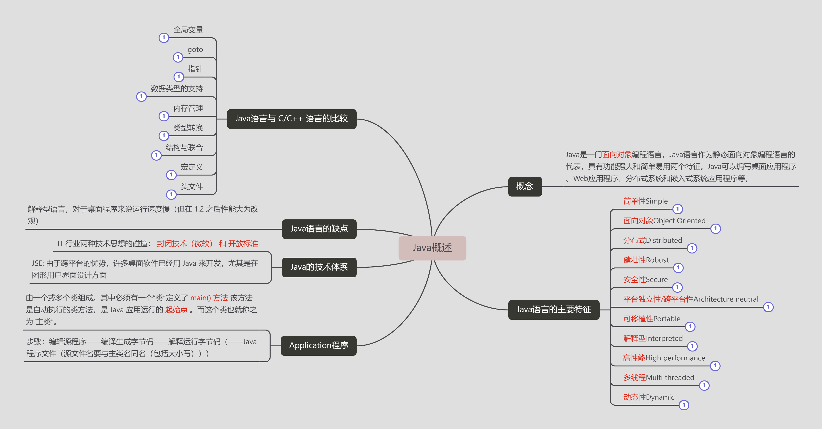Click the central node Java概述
pos(432,248)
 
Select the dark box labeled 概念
pos(525,186)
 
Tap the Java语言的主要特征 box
pos(553,309)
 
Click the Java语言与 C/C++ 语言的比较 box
pos(291,119)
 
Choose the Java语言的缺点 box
pos(319,229)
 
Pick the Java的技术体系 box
pos(319,267)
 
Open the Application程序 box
pos(318,345)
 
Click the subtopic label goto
pos(195,50)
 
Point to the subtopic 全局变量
pos(188,30)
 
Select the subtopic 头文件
pos(192,186)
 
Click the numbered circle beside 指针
pos(179,77)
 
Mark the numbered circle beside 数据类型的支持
pos(141,96)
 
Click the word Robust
pos(657,260)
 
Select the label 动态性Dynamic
pos(648,397)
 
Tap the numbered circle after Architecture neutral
pos(768,307)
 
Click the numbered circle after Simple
pos(677,209)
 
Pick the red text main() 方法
pos(209,298)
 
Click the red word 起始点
pos(176,310)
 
